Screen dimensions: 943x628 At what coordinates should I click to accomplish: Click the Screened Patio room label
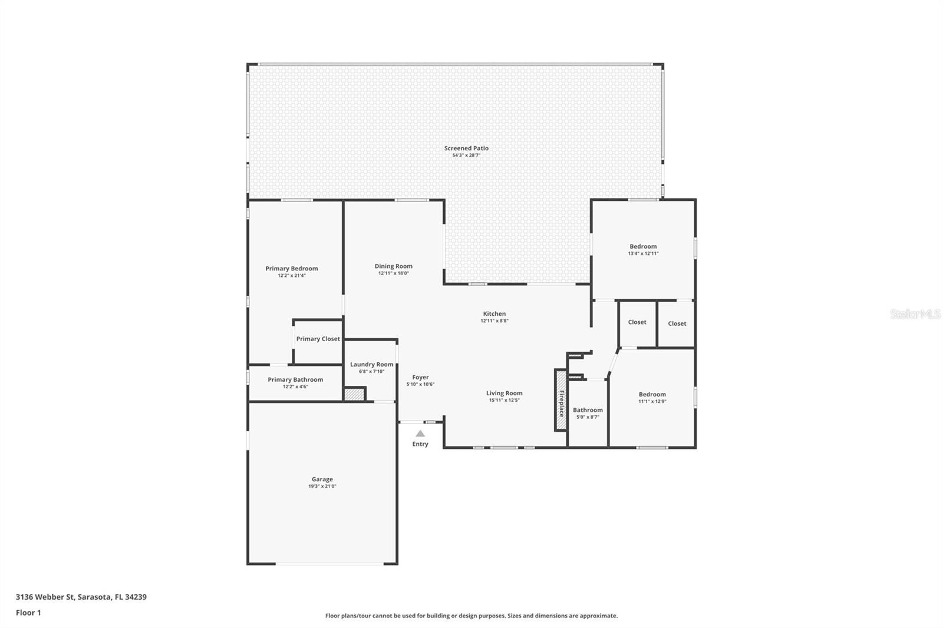[x=466, y=148]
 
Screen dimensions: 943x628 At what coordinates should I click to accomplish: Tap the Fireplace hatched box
[x=561, y=400]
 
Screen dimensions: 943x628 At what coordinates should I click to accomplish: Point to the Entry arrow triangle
[x=420, y=434]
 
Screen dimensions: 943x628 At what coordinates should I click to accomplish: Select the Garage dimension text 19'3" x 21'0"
[x=322, y=486]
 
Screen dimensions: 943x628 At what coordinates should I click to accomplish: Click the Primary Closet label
[x=318, y=339]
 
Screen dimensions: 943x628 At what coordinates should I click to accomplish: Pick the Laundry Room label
[x=372, y=365]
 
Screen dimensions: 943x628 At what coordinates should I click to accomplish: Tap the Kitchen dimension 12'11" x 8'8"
[x=494, y=320]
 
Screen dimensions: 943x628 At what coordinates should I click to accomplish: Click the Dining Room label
[x=394, y=266]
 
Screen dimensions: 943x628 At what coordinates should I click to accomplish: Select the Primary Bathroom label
[x=295, y=379]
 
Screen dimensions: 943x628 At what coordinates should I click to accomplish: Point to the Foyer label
[x=421, y=377]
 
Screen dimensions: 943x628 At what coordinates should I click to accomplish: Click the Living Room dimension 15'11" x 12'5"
[x=505, y=400]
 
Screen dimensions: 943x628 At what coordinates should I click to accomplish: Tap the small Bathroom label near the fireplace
[x=588, y=410]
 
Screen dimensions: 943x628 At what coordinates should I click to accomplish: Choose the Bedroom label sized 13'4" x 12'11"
[x=643, y=247]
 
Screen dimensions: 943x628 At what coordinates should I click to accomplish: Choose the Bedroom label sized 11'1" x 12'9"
[x=652, y=394]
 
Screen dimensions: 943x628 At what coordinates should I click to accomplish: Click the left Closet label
[x=637, y=322]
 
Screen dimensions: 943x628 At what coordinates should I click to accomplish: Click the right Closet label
[x=677, y=323]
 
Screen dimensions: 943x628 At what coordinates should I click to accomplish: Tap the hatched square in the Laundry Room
[x=354, y=394]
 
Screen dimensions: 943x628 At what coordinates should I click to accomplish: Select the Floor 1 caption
[x=28, y=613]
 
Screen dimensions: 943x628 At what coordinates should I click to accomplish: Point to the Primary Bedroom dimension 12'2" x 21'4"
[x=292, y=276]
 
